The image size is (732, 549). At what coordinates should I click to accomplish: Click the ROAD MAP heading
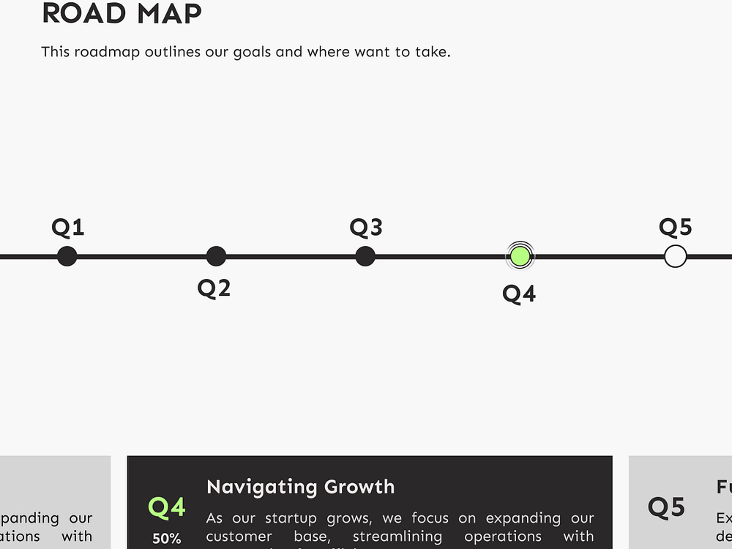(122, 14)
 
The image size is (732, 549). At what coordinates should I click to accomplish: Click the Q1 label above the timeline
(67, 228)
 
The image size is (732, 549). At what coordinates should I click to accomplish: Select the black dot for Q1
(67, 256)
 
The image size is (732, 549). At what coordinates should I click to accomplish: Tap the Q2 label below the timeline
(214, 288)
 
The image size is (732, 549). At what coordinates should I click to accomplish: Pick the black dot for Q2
(216, 256)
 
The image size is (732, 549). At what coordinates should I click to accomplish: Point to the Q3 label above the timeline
(366, 228)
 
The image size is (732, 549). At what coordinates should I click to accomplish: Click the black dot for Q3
(365, 256)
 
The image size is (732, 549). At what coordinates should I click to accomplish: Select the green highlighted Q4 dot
(520, 256)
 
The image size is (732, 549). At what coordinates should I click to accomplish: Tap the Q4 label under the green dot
(519, 294)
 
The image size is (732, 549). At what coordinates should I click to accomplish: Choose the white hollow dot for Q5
(675, 256)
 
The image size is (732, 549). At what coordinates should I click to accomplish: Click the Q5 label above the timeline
(675, 228)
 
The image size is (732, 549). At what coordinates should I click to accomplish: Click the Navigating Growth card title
(300, 487)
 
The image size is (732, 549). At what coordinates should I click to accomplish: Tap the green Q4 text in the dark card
(167, 507)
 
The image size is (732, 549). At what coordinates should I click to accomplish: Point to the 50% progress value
(167, 539)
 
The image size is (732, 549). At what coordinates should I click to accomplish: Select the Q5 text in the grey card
(666, 507)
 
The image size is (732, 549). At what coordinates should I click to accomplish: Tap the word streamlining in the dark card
(397, 537)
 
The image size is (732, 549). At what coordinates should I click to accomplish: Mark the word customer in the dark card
(239, 537)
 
